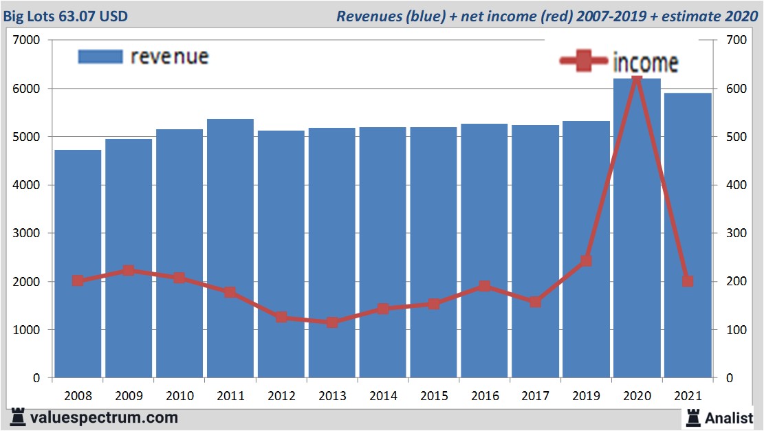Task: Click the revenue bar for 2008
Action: (x=78, y=264)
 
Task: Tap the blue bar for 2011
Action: (x=230, y=248)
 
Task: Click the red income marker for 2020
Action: (x=636, y=81)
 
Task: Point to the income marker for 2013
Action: (x=332, y=322)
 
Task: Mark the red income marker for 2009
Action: (x=129, y=270)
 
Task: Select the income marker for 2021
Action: (x=688, y=281)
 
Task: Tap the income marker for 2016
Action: (x=485, y=286)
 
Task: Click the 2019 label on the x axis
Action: (x=586, y=396)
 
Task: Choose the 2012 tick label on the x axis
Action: (x=281, y=396)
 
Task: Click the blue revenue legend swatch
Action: (x=100, y=56)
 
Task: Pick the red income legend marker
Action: (x=585, y=61)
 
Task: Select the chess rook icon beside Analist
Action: (x=692, y=417)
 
